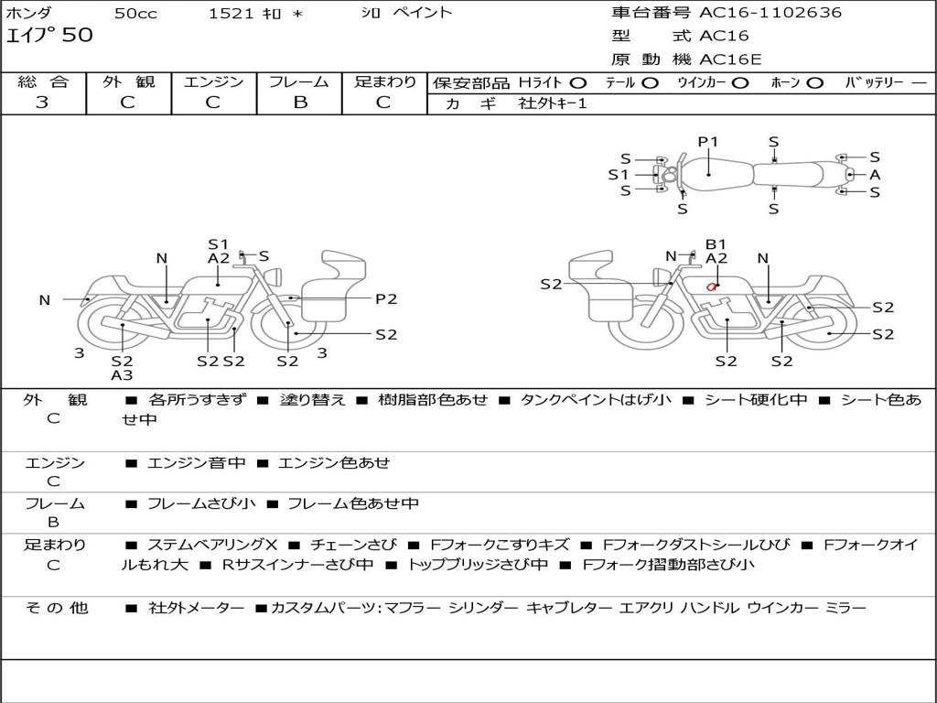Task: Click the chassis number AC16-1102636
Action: point(770,13)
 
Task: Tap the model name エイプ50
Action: point(49,37)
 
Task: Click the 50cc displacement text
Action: point(135,13)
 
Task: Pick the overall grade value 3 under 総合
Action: point(42,103)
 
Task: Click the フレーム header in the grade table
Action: point(299,81)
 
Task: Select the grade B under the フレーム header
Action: point(299,103)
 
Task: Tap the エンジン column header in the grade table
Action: point(213,81)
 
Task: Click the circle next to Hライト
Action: point(578,82)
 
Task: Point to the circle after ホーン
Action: point(815,82)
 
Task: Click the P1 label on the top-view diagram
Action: point(708,142)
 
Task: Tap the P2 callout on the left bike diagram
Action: point(386,298)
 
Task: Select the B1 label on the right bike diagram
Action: point(716,244)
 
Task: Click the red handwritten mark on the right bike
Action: point(711,287)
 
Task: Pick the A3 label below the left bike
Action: point(122,374)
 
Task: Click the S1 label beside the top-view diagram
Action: point(619,174)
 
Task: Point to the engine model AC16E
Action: point(730,59)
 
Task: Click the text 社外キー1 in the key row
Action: point(553,103)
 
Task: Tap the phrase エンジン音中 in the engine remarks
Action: point(196,463)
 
